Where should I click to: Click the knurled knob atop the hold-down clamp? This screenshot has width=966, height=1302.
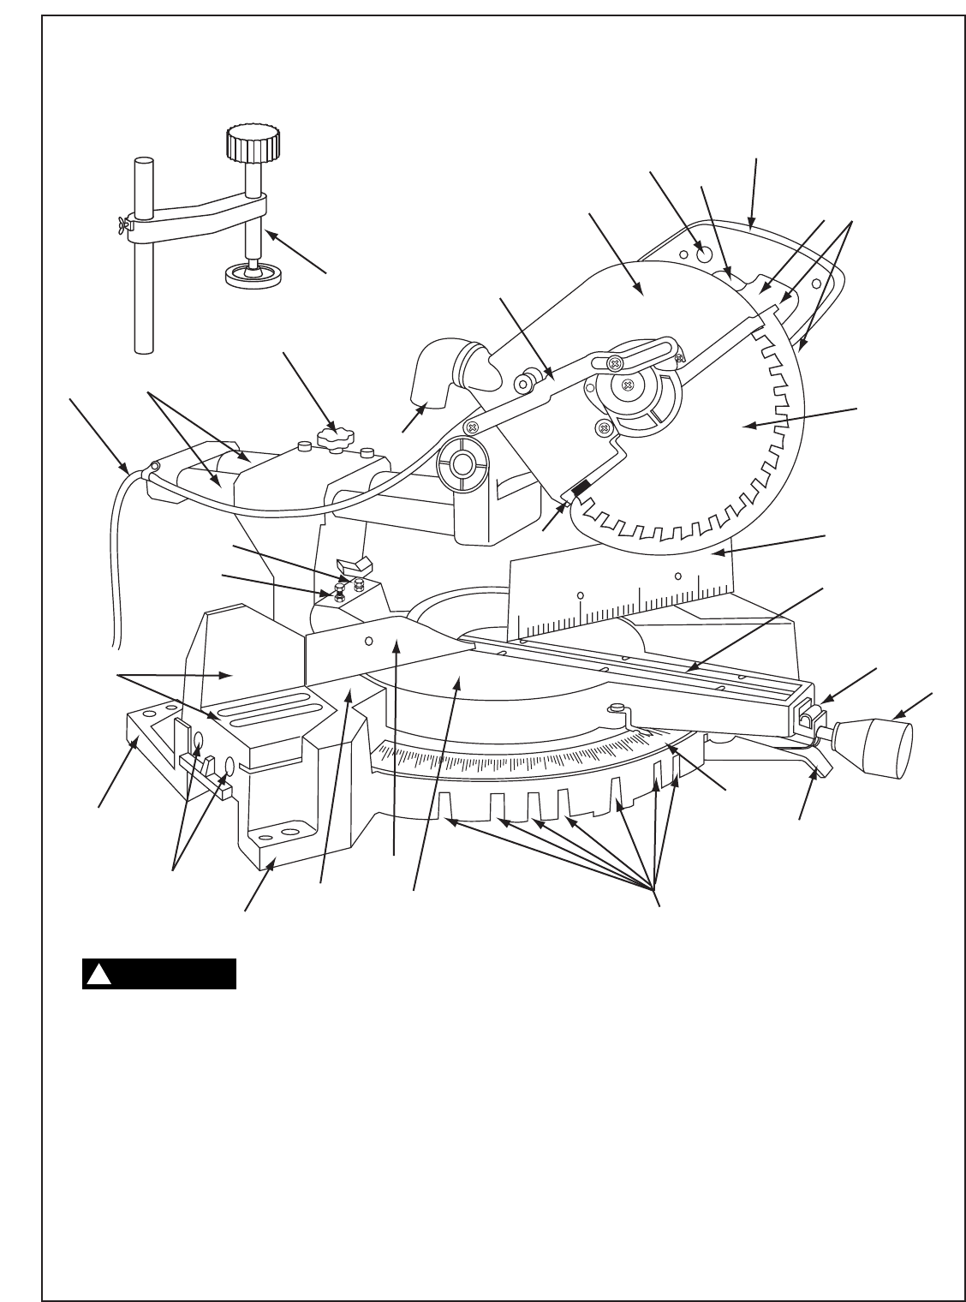click(253, 147)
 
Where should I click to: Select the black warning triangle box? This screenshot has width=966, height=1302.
click(158, 974)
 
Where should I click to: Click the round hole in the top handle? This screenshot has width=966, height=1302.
click(705, 253)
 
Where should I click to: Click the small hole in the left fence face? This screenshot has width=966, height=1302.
click(370, 639)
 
